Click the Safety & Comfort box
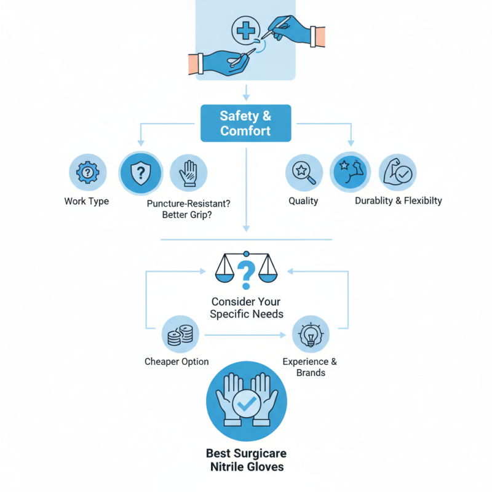click(245, 123)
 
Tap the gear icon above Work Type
click(87, 172)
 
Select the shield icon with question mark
click(140, 173)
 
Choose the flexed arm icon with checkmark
click(397, 172)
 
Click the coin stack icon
click(179, 335)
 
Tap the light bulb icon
click(310, 335)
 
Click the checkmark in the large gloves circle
click(246, 403)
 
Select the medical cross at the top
click(246, 30)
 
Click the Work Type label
click(87, 201)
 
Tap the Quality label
click(303, 201)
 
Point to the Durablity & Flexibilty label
click(398, 201)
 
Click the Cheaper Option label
click(177, 362)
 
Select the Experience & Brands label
click(310, 367)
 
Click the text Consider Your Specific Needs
click(246, 307)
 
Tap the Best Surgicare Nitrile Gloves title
click(246, 461)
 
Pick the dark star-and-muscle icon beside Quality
click(349, 172)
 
